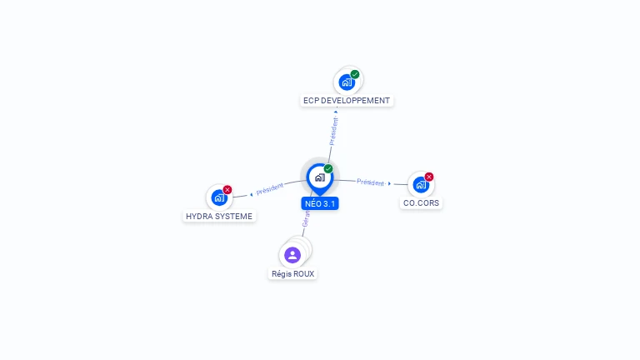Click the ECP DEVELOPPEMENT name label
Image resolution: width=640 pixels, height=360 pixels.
click(346, 101)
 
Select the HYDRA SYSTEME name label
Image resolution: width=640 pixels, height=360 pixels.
click(218, 216)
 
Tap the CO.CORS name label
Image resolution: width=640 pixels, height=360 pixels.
click(421, 202)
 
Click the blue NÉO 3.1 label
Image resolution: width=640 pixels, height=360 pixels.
click(320, 203)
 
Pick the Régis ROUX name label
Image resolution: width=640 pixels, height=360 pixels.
click(293, 273)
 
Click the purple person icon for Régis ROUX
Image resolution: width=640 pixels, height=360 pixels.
click(292, 254)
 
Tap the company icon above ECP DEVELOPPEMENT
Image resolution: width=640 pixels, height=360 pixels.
click(347, 82)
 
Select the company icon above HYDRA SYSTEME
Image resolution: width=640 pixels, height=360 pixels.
click(218, 197)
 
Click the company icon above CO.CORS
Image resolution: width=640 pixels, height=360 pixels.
click(420, 184)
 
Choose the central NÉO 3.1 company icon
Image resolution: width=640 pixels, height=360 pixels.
click(319, 177)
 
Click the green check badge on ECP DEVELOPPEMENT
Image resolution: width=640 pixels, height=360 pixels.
click(355, 74)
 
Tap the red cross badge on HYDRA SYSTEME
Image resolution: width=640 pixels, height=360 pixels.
click(227, 190)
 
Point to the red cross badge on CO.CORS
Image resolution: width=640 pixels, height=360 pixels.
click(429, 177)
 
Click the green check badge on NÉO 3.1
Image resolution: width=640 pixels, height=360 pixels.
click(328, 168)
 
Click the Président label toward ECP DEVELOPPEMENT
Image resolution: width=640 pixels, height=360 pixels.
click(334, 131)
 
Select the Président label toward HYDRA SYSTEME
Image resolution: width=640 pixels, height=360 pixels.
click(269, 189)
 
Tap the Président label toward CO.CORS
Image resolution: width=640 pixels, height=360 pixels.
click(370, 182)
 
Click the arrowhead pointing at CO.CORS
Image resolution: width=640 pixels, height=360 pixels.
click(389, 183)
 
